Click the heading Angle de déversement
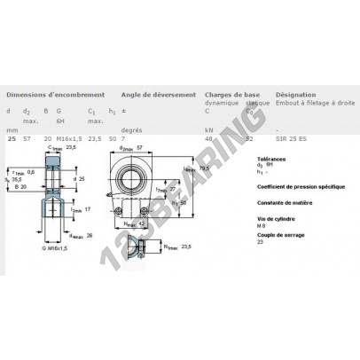(152, 93)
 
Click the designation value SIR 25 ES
(292, 139)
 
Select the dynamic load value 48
(209, 139)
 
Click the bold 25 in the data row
(11, 139)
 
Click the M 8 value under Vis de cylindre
(235, 233)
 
